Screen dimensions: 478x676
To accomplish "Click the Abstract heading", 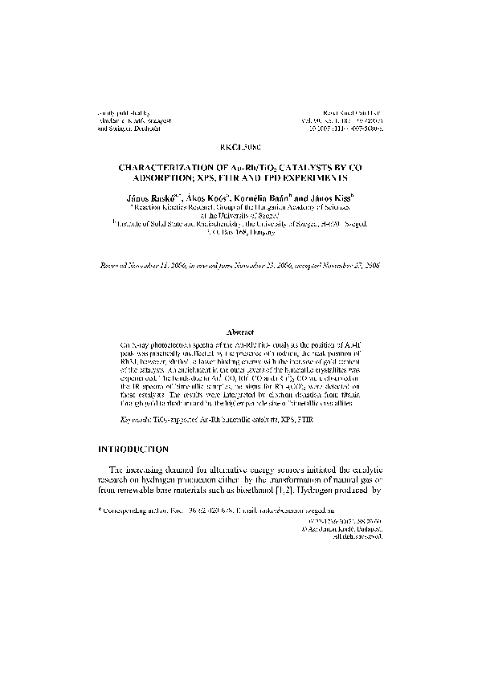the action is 239,331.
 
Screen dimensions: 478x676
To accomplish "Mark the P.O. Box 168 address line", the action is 239,230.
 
